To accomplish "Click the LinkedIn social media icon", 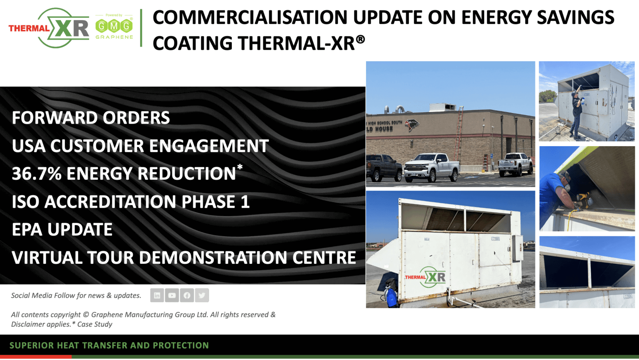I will (157, 295).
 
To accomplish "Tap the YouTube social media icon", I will (172, 295).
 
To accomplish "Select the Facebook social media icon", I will (187, 295).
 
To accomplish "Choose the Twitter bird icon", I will (202, 295).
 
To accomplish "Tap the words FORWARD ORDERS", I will (91, 118).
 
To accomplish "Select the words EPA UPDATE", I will (62, 230).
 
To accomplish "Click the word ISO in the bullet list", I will (26, 202).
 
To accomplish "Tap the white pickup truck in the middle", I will (432, 167).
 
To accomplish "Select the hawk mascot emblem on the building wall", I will (411, 124).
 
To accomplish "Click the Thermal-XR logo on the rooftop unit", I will (426, 277).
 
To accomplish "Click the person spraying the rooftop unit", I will (577, 110).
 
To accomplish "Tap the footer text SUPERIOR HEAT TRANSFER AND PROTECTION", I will (109, 345).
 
